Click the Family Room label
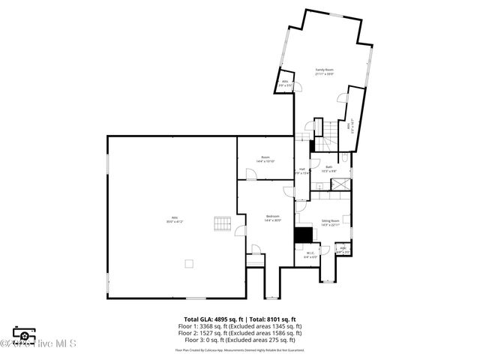pyautogui.click(x=324, y=71)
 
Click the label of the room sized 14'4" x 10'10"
pyautogui.click(x=265, y=159)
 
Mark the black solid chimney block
pyautogui.click(x=303, y=235)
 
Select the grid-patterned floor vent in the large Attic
pyautogui.click(x=221, y=224)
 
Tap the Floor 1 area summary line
pyautogui.click(x=240, y=326)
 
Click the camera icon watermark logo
pyautogui.click(x=24, y=335)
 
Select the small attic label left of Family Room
pyautogui.click(x=285, y=84)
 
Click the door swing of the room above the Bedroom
pyautogui.click(x=251, y=174)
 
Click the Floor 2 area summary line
pyautogui.click(x=240, y=333)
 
